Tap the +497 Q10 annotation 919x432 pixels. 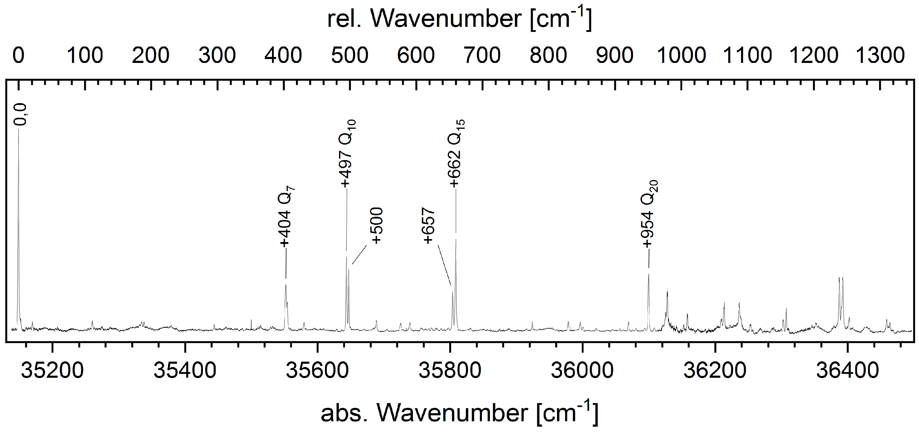click(347, 154)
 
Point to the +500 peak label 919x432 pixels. click(377, 226)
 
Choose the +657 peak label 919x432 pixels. click(429, 226)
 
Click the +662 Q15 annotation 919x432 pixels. click(456, 154)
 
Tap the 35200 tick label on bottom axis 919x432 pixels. click(52, 371)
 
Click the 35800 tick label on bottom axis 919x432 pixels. click(450, 371)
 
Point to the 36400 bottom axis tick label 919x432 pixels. click(847, 371)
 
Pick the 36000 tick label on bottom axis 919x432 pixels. click(582, 371)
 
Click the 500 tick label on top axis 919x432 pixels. click(350, 56)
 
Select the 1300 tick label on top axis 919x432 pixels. click(880, 56)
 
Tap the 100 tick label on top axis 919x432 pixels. click(85, 56)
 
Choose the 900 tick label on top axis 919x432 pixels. click(615, 56)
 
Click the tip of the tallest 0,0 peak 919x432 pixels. click(18, 129)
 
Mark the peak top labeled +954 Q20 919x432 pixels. click(649, 274)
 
